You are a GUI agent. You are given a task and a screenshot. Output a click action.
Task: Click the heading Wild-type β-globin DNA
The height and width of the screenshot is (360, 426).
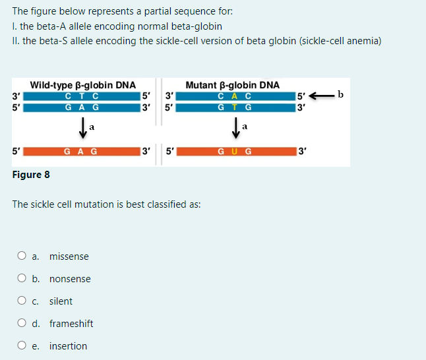tap(83, 85)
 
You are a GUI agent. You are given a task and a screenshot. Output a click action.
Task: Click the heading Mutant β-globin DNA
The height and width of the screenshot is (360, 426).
tap(232, 85)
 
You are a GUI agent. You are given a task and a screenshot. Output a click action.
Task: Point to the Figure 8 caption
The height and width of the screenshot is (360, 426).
tap(31, 175)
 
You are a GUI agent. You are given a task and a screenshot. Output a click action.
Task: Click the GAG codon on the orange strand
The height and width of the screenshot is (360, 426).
tap(82, 151)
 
